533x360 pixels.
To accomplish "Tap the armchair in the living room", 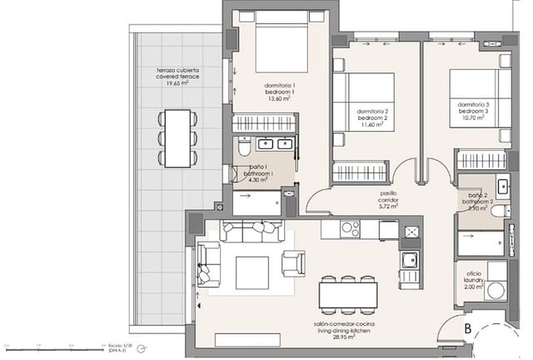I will click(x=294, y=262).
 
